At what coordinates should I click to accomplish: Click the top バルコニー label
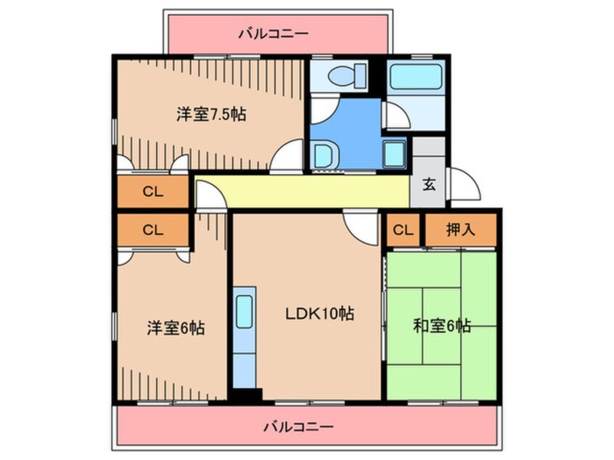pyautogui.click(x=274, y=33)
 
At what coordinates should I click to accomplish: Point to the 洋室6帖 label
pyautogui.click(x=175, y=328)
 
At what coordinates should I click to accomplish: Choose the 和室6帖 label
pyautogui.click(x=443, y=326)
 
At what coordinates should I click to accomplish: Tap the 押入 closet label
pyautogui.click(x=460, y=231)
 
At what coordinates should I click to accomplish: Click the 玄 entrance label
pyautogui.click(x=429, y=184)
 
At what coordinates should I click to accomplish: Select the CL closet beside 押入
pyautogui.click(x=404, y=231)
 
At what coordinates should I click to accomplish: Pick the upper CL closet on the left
pyautogui.click(x=153, y=192)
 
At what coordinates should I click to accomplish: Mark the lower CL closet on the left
pyautogui.click(x=153, y=231)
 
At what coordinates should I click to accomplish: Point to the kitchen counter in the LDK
pyautogui.click(x=245, y=340)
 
